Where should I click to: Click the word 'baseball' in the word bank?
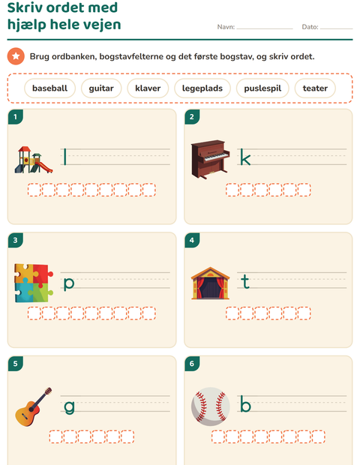tap(49, 88)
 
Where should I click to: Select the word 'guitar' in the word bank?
tap(101, 88)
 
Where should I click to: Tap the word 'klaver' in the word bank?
tap(148, 88)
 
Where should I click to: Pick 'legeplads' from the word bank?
tap(202, 88)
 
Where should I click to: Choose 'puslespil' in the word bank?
tap(262, 88)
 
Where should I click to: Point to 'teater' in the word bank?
tap(315, 88)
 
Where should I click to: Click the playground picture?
tap(34, 160)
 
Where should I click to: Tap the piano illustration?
tap(210, 159)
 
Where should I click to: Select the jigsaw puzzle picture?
tap(34, 283)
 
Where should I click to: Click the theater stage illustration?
tap(210, 283)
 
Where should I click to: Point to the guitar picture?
tap(34, 406)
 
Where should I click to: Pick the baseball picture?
tap(210, 406)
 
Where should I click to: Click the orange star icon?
tap(16, 56)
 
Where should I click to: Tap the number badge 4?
tap(192, 240)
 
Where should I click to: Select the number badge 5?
tap(16, 364)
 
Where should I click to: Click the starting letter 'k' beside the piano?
tap(245, 157)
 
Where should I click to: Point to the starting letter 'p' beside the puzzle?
tap(69, 283)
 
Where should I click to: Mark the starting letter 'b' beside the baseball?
tap(245, 403)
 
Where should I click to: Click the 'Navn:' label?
tap(226, 27)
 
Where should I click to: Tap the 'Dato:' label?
tap(310, 27)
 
